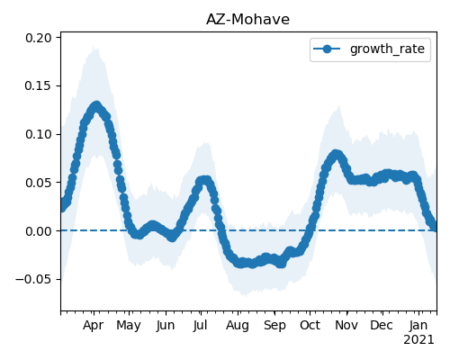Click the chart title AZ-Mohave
click(247, 20)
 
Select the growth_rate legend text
click(387, 49)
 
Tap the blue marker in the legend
click(327, 49)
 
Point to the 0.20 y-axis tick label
click(39, 38)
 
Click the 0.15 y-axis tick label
click(39, 86)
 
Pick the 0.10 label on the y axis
click(39, 134)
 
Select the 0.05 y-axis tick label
click(39, 183)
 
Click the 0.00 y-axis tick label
click(39, 231)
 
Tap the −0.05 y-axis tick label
click(34, 280)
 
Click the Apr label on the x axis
click(94, 326)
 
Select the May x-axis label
click(129, 326)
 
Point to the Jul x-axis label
click(200, 325)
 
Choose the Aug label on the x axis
click(238, 326)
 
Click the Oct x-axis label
click(310, 325)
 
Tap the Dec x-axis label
click(382, 325)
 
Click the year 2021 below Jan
click(418, 340)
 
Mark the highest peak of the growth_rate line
click(96, 106)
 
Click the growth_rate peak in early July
click(204, 180)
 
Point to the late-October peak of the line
click(336, 154)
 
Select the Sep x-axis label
click(274, 326)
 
